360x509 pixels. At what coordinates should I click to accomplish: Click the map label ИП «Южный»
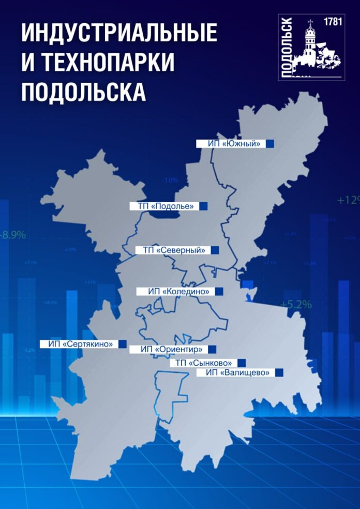[x=231, y=143]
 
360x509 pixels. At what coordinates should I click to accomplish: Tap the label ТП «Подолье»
[x=162, y=206]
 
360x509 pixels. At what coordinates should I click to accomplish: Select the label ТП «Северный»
[x=170, y=250]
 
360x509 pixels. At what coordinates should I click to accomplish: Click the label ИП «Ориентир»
[x=168, y=349]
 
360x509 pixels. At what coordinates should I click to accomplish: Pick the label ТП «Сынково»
[x=203, y=363]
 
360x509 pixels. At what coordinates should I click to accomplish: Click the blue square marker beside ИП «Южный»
[x=269, y=143]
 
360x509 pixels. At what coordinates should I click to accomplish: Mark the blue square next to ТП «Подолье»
[x=204, y=206]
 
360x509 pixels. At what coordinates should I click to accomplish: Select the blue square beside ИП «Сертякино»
[x=123, y=343]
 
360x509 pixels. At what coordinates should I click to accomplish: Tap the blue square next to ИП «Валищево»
[x=279, y=372]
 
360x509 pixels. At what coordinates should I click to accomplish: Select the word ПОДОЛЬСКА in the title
[x=83, y=93]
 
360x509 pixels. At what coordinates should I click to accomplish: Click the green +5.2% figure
[x=296, y=305]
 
